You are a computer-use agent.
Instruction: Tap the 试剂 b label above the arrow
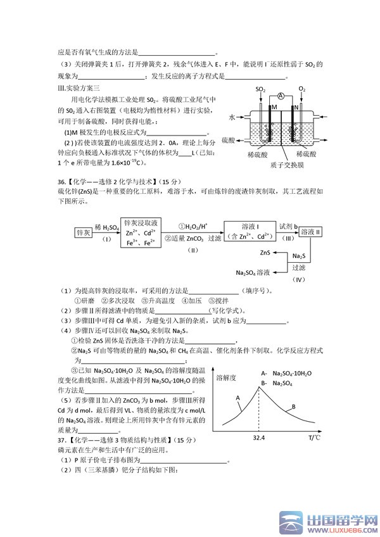click(286, 225)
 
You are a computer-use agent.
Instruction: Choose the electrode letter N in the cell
click(294, 108)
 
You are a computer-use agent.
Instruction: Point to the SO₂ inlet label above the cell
click(261, 89)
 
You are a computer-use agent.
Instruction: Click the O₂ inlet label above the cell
click(302, 89)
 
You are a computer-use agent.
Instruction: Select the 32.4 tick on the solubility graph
click(258, 437)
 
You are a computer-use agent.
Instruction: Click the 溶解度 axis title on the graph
click(226, 377)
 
